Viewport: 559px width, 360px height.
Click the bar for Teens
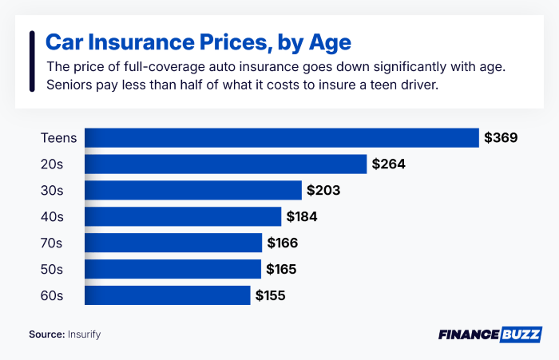[281, 138]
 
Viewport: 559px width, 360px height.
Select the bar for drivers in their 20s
[225, 164]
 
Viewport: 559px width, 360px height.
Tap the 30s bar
[193, 191]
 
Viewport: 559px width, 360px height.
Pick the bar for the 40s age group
[183, 216]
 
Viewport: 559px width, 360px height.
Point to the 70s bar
[173, 243]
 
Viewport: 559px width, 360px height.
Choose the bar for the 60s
[168, 295]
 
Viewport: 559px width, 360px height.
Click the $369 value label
[501, 138]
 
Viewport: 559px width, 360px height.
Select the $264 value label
[388, 164]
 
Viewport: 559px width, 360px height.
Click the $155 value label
[270, 295]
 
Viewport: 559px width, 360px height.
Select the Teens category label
[59, 138]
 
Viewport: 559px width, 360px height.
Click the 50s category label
[52, 269]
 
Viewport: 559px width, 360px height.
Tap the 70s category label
[52, 243]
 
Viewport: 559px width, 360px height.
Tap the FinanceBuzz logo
[490, 334]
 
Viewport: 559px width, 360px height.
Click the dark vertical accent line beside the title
[31, 62]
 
